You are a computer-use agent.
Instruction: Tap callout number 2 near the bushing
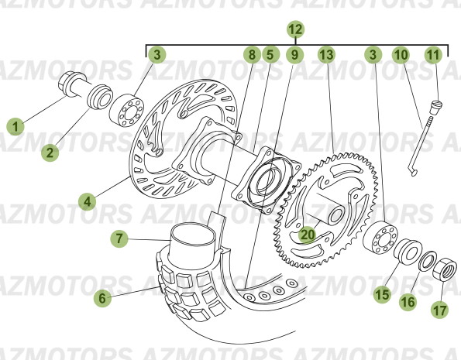point(50,153)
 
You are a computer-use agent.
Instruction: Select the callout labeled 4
point(88,201)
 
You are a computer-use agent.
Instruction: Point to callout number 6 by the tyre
point(100,296)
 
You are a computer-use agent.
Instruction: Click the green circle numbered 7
point(119,239)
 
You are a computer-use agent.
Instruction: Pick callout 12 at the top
point(294,30)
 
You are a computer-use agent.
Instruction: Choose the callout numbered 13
point(326,55)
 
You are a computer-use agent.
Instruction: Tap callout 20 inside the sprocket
point(308,232)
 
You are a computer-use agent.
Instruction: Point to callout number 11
point(433,55)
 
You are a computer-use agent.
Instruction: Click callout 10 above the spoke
point(401,55)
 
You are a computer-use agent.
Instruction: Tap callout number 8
point(250,55)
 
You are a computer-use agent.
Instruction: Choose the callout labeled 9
point(294,55)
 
